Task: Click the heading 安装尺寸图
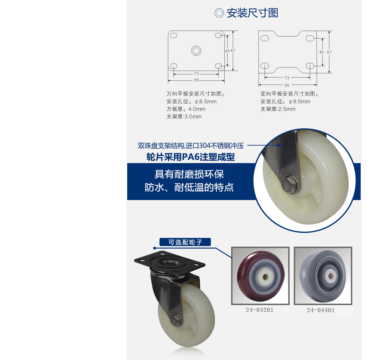[252, 13]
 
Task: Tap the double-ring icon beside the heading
[219, 13]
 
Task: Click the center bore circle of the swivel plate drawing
[196, 51]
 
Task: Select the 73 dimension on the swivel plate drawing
[196, 74]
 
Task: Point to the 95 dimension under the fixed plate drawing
[287, 85]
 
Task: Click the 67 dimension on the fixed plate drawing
[329, 52]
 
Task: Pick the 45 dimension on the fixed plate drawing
[321, 52]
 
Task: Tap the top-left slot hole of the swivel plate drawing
[174, 35]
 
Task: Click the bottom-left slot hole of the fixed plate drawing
[264, 66]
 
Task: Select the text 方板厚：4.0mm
[186, 109]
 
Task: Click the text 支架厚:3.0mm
[184, 116]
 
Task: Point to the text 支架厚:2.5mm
[278, 109]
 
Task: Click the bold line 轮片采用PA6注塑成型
[191, 157]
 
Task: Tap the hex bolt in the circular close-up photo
[288, 184]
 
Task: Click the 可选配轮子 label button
[185, 242]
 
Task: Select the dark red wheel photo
[260, 276]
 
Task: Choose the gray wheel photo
[323, 276]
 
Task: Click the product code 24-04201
[259, 310]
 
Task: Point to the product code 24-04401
[321, 310]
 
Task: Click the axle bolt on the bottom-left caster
[176, 320]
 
